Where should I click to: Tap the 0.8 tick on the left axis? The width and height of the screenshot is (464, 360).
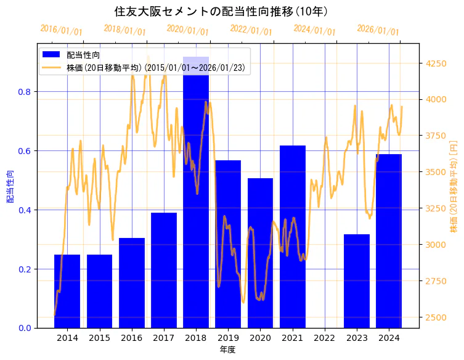click(25, 92)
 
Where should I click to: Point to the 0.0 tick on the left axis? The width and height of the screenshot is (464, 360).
click(25, 328)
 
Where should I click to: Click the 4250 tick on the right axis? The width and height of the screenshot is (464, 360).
click(436, 63)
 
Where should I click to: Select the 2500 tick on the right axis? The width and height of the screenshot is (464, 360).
click(436, 317)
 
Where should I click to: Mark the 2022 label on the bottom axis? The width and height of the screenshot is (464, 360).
click(325, 338)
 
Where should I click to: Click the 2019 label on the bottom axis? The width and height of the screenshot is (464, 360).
click(228, 338)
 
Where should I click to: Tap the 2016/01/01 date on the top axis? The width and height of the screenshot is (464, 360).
click(60, 30)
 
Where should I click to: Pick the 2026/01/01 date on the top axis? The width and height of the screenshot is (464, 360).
click(378, 30)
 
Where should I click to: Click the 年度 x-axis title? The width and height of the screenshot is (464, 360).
click(227, 350)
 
